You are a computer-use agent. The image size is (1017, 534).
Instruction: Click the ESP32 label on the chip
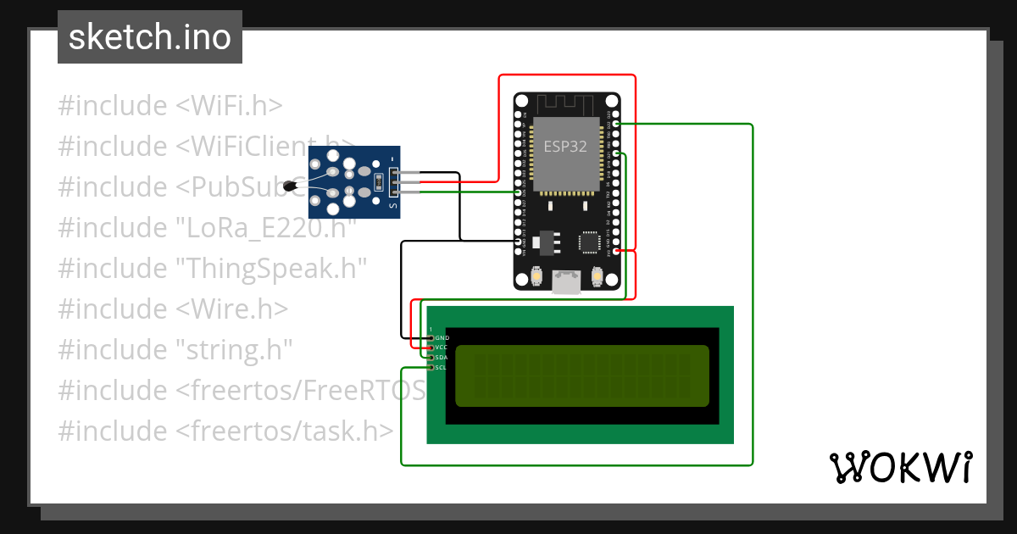(565, 145)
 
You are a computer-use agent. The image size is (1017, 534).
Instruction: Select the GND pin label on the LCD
(442, 338)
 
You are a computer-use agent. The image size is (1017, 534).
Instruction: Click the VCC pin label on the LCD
(442, 348)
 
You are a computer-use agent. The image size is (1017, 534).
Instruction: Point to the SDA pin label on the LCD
(442, 358)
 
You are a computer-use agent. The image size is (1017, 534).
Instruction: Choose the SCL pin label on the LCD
(442, 368)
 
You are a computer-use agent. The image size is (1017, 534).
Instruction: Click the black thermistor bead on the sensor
(295, 185)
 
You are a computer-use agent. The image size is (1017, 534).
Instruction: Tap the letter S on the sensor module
(392, 204)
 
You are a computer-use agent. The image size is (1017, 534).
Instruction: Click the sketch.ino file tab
(150, 38)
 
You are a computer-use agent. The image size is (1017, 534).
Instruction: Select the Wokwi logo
(900, 467)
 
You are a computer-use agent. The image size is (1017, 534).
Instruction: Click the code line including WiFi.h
(169, 106)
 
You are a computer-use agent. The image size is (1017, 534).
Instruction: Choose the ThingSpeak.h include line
(212, 269)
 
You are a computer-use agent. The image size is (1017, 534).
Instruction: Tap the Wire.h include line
(173, 309)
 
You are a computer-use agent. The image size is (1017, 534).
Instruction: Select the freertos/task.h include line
(225, 431)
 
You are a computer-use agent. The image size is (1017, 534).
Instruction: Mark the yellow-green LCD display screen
(581, 375)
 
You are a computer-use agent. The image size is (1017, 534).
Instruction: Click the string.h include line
(175, 350)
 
